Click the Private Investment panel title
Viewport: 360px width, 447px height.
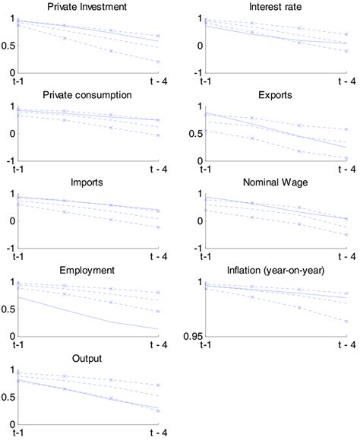pyautogui.click(x=87, y=8)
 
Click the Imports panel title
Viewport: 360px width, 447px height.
pyautogui.click(x=87, y=183)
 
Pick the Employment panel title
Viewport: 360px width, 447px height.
pyautogui.click(x=87, y=271)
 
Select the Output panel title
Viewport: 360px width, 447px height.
pyautogui.click(x=87, y=358)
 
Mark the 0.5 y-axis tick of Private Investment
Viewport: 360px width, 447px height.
pyautogui.click(x=9, y=46)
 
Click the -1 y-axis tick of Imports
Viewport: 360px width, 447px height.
pyautogui.click(x=13, y=248)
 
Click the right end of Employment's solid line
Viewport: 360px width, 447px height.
pyautogui.click(x=159, y=329)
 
